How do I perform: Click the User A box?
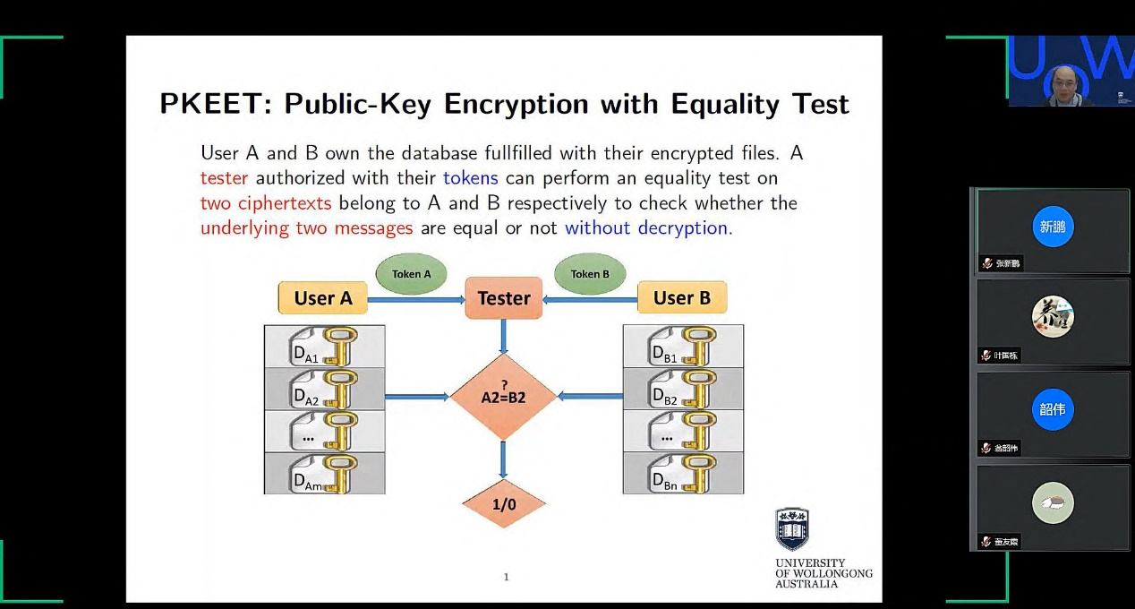coord(323,298)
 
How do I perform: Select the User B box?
coord(682,298)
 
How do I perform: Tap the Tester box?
coord(504,298)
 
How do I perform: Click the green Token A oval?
coord(411,274)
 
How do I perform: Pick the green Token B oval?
coord(590,274)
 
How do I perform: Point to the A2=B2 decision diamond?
coord(502,396)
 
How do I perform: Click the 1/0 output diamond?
coord(504,504)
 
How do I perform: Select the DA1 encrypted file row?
coord(324,347)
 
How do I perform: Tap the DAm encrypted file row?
coord(324,474)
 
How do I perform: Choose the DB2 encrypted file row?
coord(683,389)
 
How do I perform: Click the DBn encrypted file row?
coord(683,474)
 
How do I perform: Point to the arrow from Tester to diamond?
coord(503,336)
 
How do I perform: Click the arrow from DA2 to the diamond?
coord(416,396)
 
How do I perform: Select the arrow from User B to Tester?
coord(590,299)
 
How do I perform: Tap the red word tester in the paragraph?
coord(224,178)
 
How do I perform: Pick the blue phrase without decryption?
coord(646,227)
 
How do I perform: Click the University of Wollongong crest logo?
coord(792,529)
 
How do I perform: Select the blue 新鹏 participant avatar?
coord(1053,227)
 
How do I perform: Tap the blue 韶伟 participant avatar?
coord(1053,409)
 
